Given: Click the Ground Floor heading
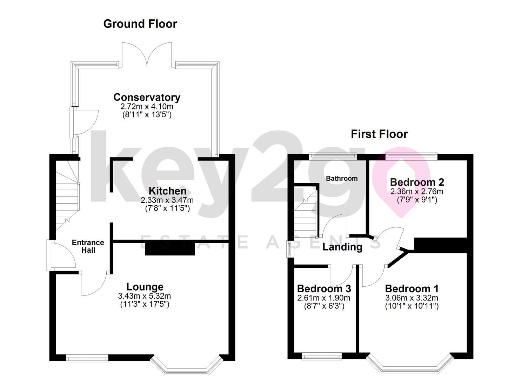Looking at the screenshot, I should click(140, 24).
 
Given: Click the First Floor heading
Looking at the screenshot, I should click(379, 134).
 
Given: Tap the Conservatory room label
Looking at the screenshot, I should click(147, 97).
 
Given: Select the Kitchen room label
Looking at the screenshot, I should click(167, 191).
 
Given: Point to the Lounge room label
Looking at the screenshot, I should click(145, 287).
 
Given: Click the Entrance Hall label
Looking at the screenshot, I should click(88, 246).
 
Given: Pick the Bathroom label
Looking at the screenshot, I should click(341, 178).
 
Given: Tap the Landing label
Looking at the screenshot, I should click(342, 247).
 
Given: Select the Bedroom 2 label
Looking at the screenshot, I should click(417, 182).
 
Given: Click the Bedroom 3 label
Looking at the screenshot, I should click(324, 288).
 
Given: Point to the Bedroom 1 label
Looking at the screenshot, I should click(412, 288).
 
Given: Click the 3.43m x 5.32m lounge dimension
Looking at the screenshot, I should click(145, 296).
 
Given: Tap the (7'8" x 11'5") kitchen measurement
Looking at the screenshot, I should click(167, 208).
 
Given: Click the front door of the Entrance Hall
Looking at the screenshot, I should click(61, 255).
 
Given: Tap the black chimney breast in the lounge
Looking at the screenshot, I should click(170, 248).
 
